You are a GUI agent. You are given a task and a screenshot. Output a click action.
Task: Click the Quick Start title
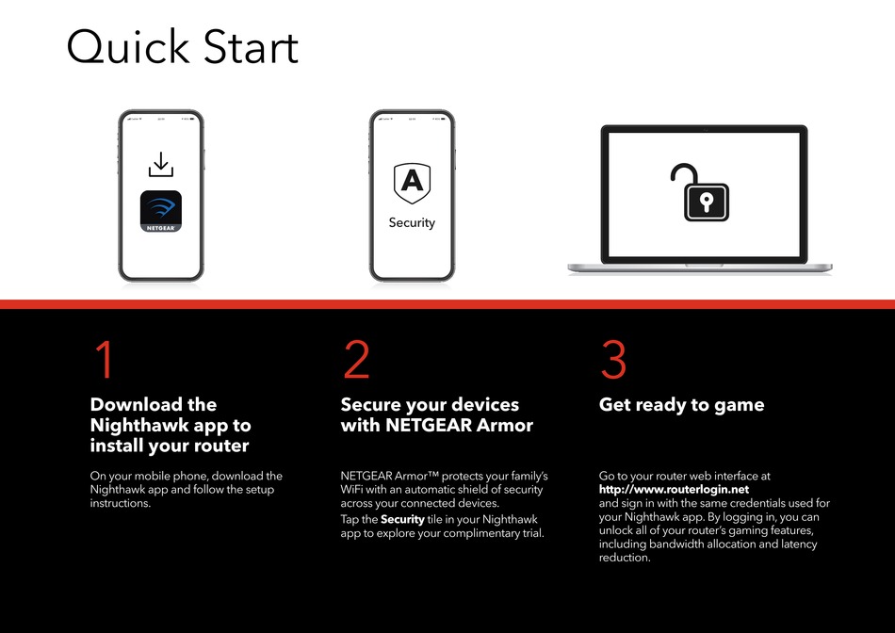[183, 47]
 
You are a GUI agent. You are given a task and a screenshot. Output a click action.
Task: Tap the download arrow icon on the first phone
[161, 164]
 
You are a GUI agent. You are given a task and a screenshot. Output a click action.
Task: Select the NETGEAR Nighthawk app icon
[161, 211]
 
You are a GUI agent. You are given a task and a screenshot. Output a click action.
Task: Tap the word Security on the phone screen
[412, 222]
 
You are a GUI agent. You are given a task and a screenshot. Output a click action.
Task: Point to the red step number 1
[105, 359]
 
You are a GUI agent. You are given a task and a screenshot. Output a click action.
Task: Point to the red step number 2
[357, 359]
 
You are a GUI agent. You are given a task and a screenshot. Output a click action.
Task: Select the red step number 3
[613, 359]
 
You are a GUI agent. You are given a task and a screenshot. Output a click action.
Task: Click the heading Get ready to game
[681, 405]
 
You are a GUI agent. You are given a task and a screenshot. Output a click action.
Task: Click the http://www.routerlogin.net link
[675, 489]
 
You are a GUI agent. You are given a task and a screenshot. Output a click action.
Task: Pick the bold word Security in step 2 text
[402, 519]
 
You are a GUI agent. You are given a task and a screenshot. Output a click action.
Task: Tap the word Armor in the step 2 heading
[504, 425]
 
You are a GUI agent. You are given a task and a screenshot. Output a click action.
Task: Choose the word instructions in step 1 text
[121, 503]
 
